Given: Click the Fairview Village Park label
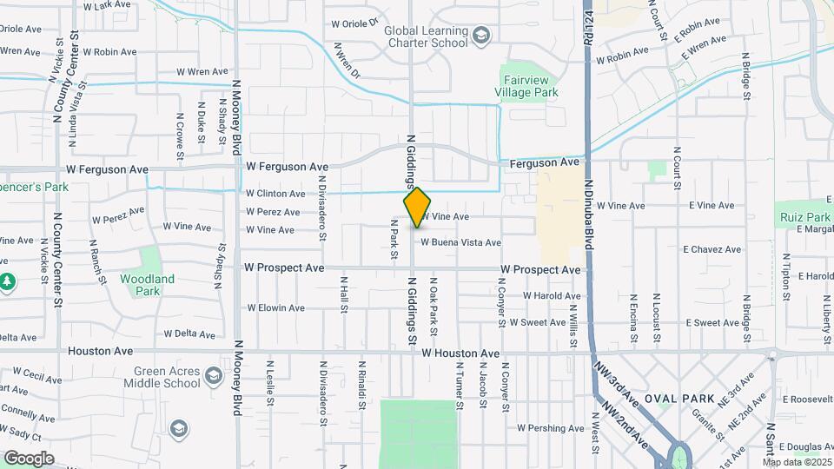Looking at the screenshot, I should [527, 85].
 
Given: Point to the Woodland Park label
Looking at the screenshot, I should [149, 285].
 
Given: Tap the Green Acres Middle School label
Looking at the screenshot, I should [162, 377].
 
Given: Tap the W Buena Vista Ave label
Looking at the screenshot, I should [461, 243].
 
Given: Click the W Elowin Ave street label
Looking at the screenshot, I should [275, 308].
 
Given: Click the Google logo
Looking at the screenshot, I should [28, 458].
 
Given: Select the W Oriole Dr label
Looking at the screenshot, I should [356, 23].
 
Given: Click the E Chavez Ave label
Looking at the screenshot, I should [712, 250].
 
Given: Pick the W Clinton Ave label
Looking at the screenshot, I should [275, 194].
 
